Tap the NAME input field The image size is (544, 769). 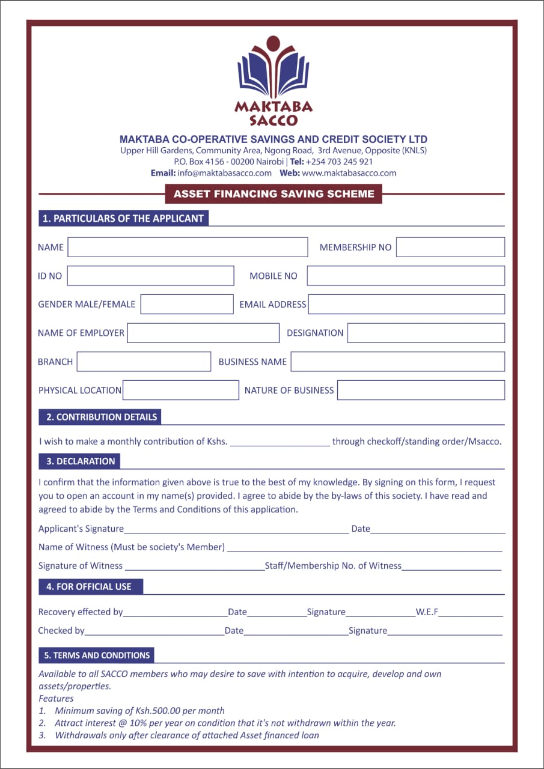188,247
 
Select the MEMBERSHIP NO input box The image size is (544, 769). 450,247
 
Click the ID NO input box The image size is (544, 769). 150,276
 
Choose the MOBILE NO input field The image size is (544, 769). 406,276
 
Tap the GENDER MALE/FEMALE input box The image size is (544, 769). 187,304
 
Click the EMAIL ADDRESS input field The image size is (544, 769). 406,304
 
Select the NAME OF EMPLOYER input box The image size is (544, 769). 203,333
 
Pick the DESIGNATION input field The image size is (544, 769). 426,333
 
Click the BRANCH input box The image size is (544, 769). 144,362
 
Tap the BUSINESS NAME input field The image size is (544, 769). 398,362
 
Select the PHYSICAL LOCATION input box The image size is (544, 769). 181,390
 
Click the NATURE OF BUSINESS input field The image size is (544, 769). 421,390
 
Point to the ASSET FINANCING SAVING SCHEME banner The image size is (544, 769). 274,194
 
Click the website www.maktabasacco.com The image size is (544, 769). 349,173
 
